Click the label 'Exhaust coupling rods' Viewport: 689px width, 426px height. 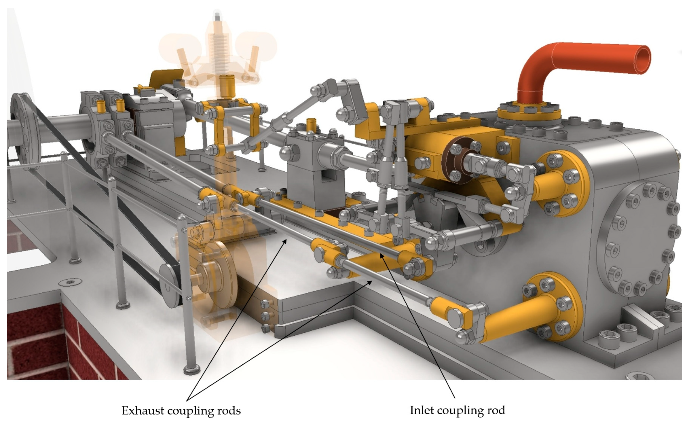click(181, 410)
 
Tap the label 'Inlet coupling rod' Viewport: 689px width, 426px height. click(458, 410)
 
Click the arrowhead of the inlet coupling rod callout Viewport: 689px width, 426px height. click(382, 256)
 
